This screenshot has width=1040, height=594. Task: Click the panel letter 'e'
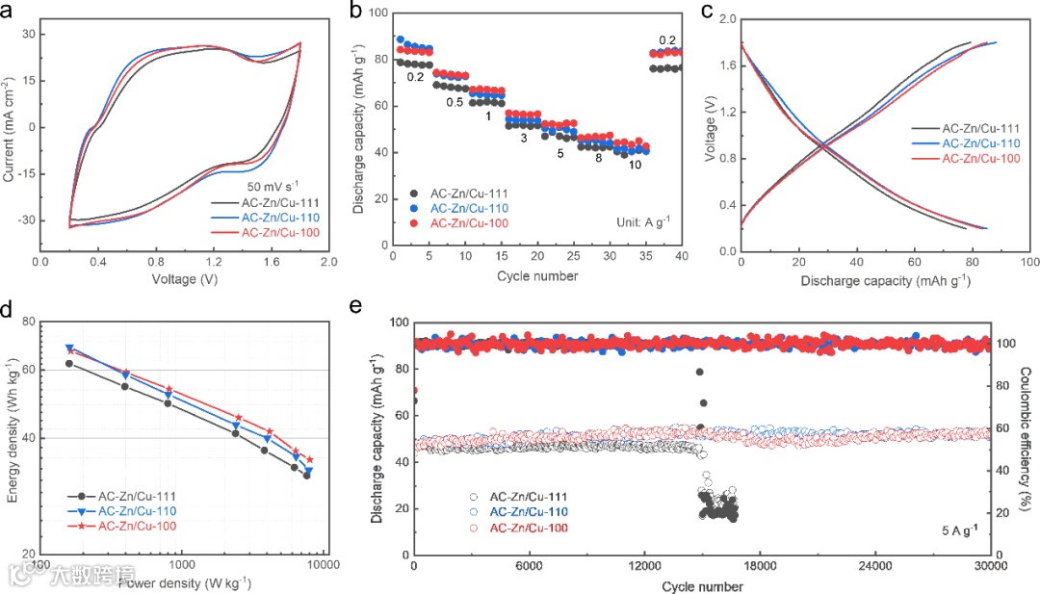click(x=356, y=307)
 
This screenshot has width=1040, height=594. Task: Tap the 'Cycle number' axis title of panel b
click(x=537, y=276)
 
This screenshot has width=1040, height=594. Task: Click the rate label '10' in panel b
click(x=636, y=165)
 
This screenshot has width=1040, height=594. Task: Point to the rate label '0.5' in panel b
click(x=455, y=102)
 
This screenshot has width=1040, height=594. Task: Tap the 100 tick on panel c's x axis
click(x=1028, y=261)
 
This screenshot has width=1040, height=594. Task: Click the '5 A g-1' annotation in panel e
click(x=962, y=529)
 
